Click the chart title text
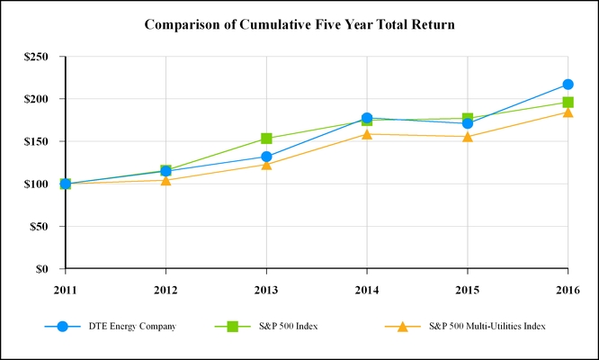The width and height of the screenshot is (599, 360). tap(299, 24)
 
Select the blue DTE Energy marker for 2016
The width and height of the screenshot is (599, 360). tap(568, 85)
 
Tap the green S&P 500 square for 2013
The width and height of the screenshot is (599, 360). tap(266, 139)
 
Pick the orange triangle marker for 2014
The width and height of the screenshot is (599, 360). tap(367, 134)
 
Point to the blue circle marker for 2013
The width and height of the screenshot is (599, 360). tap(266, 157)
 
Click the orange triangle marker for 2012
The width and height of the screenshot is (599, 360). tap(165, 180)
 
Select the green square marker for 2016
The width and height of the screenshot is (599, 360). tap(568, 103)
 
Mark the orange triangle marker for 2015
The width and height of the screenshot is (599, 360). tap(468, 137)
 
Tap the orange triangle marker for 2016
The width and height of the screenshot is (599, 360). tap(568, 112)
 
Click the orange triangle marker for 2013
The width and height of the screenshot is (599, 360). tap(266, 165)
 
